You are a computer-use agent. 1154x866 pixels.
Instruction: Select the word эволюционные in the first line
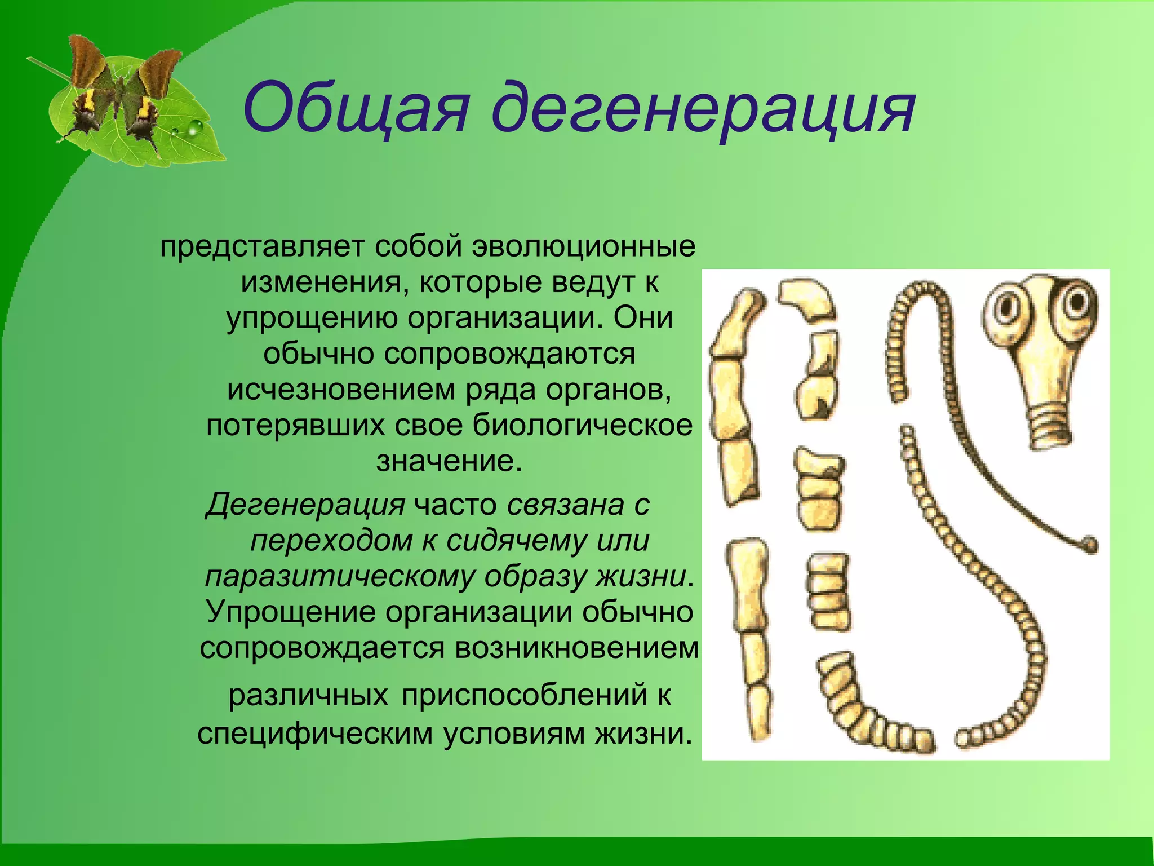(x=584, y=247)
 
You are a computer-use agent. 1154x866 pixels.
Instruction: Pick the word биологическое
(x=582, y=425)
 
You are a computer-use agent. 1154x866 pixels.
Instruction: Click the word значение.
(x=449, y=461)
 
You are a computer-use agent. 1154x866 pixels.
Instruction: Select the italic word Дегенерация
(x=305, y=504)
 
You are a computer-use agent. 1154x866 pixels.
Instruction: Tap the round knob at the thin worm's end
(x=1091, y=544)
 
